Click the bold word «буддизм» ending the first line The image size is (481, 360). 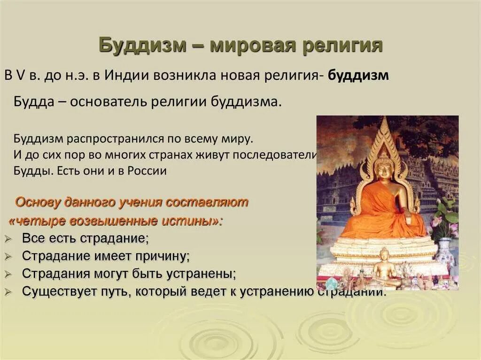tap(358, 76)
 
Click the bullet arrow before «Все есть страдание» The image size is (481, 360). tap(8, 239)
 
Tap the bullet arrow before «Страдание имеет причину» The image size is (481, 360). tap(8, 257)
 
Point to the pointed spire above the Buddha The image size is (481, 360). tap(385, 129)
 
